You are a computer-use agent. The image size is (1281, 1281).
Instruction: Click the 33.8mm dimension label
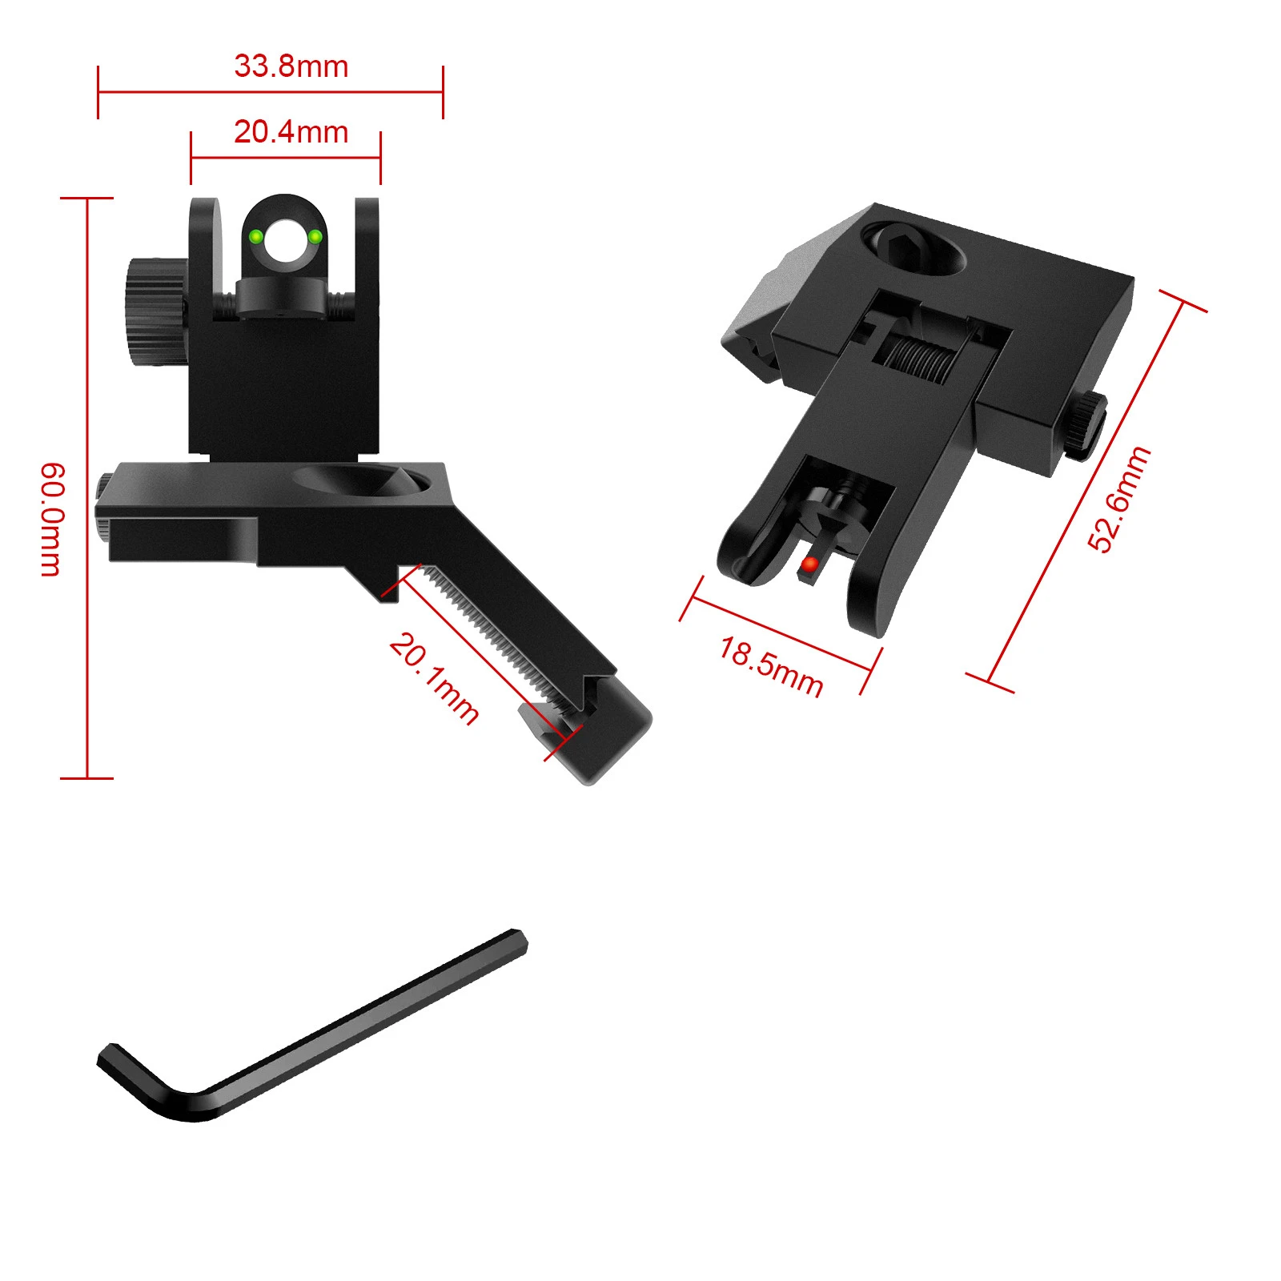click(291, 66)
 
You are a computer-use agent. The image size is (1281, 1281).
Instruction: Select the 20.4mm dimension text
click(291, 132)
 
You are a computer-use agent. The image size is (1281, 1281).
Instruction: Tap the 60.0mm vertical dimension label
click(50, 519)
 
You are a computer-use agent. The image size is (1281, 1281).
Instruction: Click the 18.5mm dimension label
click(771, 667)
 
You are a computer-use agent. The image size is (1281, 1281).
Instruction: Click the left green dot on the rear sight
click(256, 236)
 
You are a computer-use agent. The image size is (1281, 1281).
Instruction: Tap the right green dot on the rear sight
click(315, 236)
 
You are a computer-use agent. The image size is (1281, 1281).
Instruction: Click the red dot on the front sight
click(809, 565)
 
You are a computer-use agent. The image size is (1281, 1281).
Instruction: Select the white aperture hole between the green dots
click(286, 239)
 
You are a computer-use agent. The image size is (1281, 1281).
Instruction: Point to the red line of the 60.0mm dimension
click(86, 360)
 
